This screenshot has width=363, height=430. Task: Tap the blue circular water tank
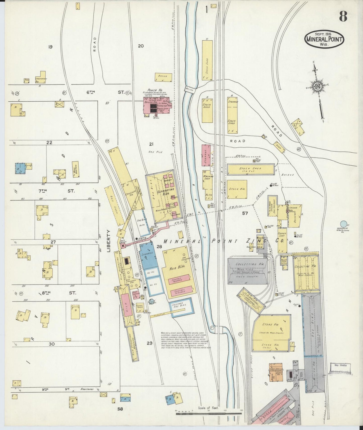pos(343,223)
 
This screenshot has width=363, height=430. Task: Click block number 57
pos(245,213)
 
